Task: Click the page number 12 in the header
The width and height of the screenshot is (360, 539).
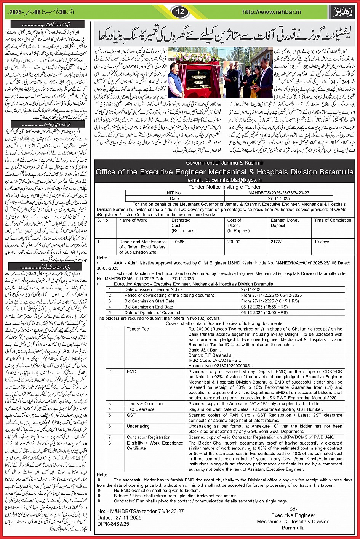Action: coord(180,12)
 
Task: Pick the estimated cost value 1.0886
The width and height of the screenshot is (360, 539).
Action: coord(178,242)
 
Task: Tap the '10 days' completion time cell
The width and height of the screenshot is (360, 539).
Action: coord(322,242)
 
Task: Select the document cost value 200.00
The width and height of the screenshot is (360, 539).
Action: coord(234,242)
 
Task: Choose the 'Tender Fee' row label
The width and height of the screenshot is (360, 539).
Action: coord(138,329)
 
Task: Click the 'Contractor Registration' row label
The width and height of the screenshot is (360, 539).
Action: coord(149,437)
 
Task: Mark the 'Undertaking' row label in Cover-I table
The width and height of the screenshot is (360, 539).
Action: coord(138,426)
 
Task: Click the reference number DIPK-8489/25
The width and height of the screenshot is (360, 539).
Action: coord(113,524)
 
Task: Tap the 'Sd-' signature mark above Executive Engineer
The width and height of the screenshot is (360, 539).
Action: coord(293,509)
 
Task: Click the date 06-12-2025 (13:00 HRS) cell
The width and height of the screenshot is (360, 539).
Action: coord(264,312)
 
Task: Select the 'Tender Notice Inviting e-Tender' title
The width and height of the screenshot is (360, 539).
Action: coord(224,187)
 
